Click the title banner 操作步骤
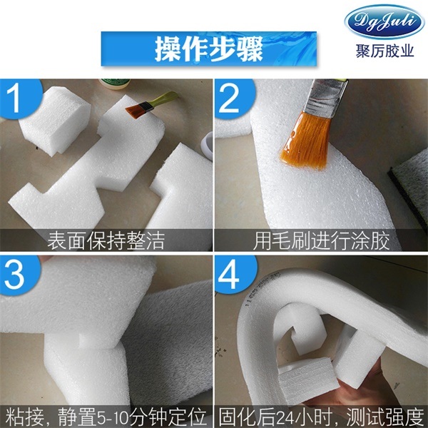click(x=208, y=49)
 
